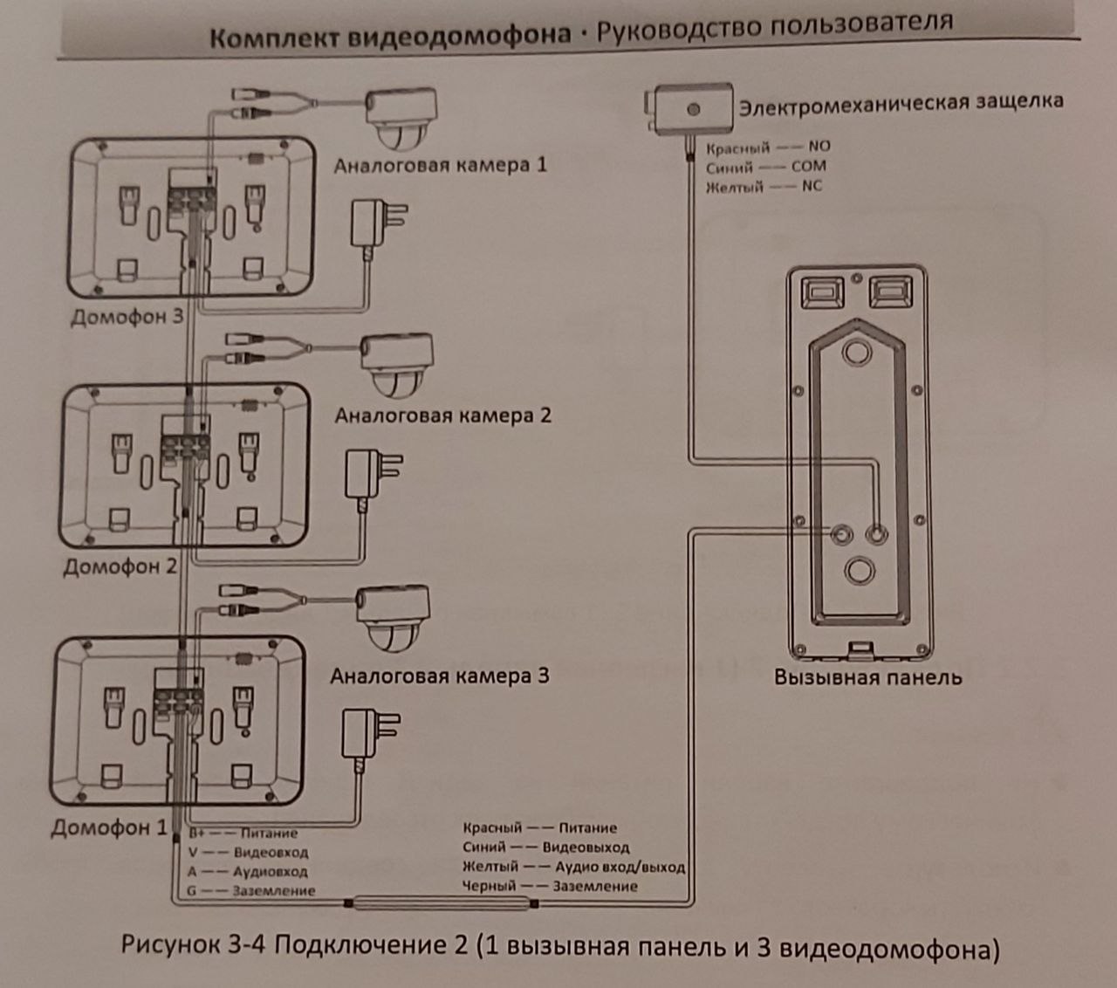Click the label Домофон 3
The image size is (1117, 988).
coord(127,315)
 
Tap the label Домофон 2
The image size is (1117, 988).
coord(120,566)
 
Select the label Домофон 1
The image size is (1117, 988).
coord(108,827)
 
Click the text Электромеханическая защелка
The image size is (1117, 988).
coord(901,101)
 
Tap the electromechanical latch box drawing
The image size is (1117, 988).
coord(693,109)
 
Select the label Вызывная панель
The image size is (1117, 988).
coord(867,676)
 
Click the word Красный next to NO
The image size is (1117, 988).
coord(737,148)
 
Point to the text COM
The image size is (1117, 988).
coord(808,166)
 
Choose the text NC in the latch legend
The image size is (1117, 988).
coord(812,186)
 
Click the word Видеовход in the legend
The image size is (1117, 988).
coord(271,853)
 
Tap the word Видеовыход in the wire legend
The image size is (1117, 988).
coord(586,847)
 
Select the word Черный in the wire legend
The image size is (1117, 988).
coord(490,886)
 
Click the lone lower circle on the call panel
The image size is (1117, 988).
coord(859,570)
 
